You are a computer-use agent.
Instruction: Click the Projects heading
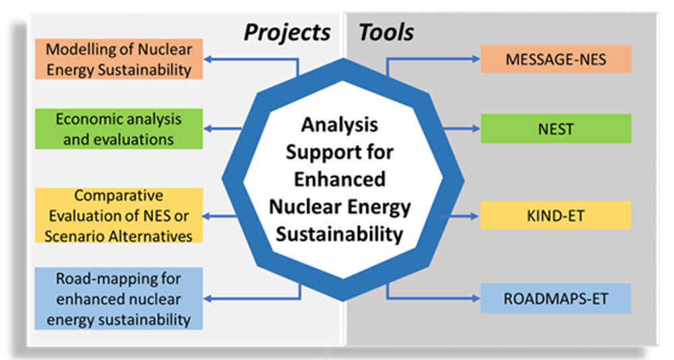(286, 33)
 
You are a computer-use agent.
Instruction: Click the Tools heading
(386, 32)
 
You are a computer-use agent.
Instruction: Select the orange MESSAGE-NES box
(556, 59)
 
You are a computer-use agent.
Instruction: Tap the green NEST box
(556, 129)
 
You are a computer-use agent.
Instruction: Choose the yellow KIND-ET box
(555, 216)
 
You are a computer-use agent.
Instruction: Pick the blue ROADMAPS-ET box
(555, 299)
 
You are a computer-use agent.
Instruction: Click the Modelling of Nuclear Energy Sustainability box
(119, 59)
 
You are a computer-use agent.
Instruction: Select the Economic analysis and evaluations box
(119, 129)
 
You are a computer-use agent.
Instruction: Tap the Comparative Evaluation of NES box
(119, 216)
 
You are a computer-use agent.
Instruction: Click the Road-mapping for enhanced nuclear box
(119, 299)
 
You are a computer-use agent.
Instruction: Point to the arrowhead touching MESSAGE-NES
(476, 59)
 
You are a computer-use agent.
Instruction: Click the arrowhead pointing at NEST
(476, 129)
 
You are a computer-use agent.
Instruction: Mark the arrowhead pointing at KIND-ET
(475, 216)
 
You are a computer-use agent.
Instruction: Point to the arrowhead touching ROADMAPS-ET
(475, 298)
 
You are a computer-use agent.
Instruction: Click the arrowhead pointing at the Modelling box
(208, 59)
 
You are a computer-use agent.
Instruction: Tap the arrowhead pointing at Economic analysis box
(208, 129)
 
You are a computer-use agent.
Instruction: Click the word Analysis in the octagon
(340, 125)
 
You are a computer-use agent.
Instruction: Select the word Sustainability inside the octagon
(340, 235)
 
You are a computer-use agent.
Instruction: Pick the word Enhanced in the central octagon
(340, 179)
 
